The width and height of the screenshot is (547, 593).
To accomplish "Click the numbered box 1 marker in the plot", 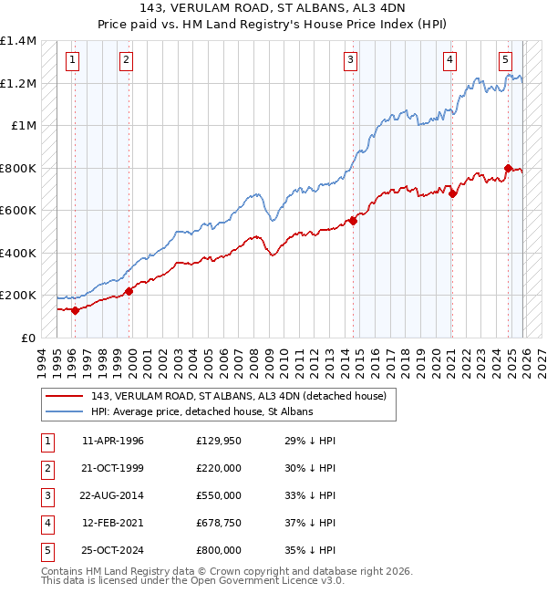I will pyautogui.click(x=72, y=61).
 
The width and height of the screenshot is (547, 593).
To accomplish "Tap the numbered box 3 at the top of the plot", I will pyautogui.click(x=350, y=61).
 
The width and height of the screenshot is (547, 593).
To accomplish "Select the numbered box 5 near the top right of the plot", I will pyautogui.click(x=505, y=61).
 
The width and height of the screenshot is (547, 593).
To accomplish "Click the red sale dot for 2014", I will pyautogui.click(x=354, y=221).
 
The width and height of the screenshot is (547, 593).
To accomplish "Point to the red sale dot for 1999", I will pyautogui.click(x=129, y=291).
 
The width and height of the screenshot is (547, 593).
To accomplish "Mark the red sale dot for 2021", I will pyautogui.click(x=453, y=193).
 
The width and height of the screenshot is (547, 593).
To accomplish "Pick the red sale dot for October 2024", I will pyautogui.click(x=509, y=168).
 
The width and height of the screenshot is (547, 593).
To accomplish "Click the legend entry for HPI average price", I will pyautogui.click(x=201, y=412).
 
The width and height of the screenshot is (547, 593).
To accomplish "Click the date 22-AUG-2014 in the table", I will pyautogui.click(x=112, y=495).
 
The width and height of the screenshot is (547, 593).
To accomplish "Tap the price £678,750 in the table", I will pyautogui.click(x=219, y=523).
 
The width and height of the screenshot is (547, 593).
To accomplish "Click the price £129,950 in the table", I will pyautogui.click(x=219, y=441).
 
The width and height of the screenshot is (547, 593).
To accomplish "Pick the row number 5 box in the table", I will pyautogui.click(x=45, y=550).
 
